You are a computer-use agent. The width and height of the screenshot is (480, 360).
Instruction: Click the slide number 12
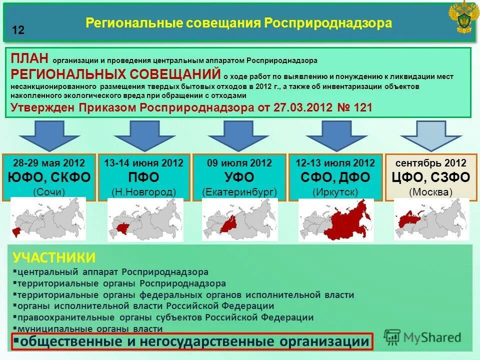coord(18,30)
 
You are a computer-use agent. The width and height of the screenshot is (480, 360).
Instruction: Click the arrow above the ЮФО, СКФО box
coord(49,135)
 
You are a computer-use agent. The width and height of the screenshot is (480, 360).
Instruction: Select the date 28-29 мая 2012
coord(49,163)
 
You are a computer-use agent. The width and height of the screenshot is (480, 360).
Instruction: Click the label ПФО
coord(143,177)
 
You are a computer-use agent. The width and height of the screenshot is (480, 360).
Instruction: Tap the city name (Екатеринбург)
coord(239,192)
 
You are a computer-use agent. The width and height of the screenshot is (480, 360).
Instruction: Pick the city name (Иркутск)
coord(335,192)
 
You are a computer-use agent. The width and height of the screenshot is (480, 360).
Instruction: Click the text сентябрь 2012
coord(431,163)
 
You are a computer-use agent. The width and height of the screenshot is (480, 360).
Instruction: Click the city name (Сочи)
coord(49,192)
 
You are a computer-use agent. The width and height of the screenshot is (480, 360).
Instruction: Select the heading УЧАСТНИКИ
coord(54,257)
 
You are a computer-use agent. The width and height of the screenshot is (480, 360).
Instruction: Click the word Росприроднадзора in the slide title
coord(328,23)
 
